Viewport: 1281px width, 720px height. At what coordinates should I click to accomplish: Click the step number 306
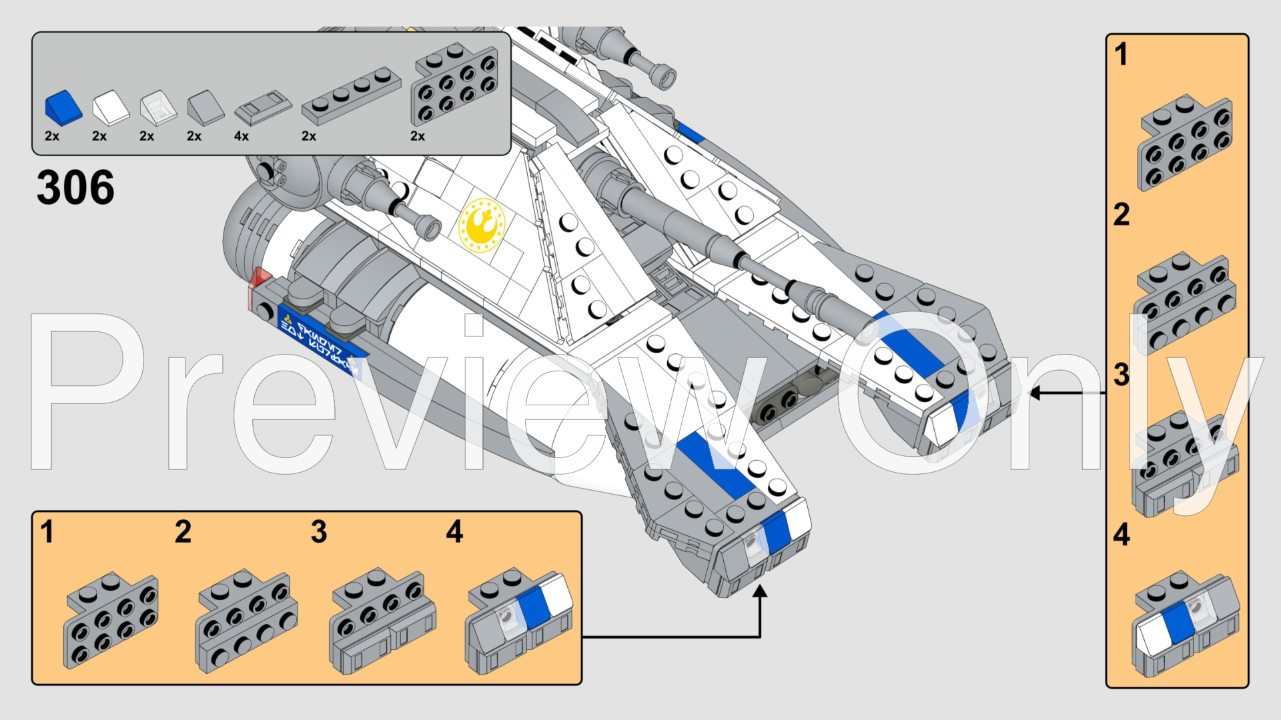[x=75, y=187]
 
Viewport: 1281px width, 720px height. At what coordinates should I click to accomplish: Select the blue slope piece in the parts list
[x=63, y=108]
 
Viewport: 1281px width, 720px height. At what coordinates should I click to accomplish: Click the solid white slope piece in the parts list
[x=111, y=107]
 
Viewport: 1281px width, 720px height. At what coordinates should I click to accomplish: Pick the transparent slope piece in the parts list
[x=158, y=108]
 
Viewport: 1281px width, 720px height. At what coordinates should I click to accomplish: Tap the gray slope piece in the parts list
[x=205, y=107]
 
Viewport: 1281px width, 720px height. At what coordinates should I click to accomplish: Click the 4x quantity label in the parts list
[x=242, y=136]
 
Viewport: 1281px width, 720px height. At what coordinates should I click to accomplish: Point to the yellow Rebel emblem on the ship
[x=482, y=225]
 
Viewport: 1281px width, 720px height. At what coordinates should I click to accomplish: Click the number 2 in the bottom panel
[x=183, y=532]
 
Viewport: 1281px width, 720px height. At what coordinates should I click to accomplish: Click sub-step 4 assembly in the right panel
[x=1184, y=623]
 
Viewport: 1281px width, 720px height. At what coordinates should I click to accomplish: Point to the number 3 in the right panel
[x=1122, y=375]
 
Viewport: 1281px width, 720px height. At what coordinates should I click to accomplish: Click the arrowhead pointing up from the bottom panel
[x=759, y=591]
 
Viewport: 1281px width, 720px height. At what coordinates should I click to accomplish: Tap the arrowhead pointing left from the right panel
[x=1035, y=393]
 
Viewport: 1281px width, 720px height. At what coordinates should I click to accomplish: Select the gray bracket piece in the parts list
[x=454, y=85]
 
